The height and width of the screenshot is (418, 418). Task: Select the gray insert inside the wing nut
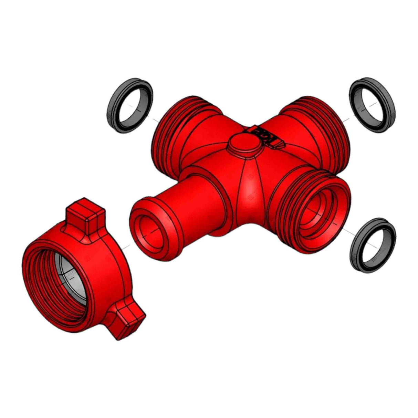(69, 272)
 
